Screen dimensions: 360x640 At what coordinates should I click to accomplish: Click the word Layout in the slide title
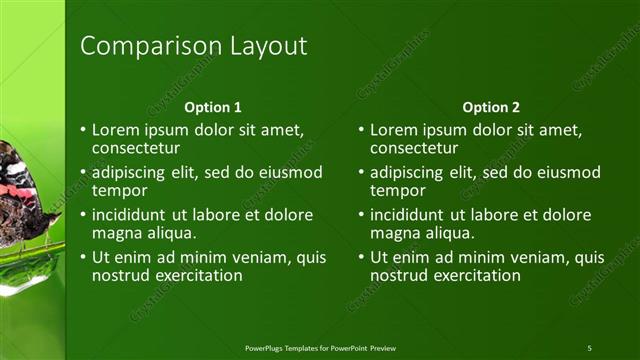pos(261,46)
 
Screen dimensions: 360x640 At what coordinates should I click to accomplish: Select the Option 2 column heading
pos(491,106)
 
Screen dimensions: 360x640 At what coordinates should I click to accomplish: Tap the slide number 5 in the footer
pos(589,347)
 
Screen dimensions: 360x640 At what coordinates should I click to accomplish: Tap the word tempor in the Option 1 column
pos(120,191)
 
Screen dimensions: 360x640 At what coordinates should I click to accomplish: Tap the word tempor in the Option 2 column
pos(398,191)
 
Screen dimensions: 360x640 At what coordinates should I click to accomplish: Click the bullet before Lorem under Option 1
pos(83,131)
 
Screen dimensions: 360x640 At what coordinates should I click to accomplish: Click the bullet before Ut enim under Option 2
pos(361,257)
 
